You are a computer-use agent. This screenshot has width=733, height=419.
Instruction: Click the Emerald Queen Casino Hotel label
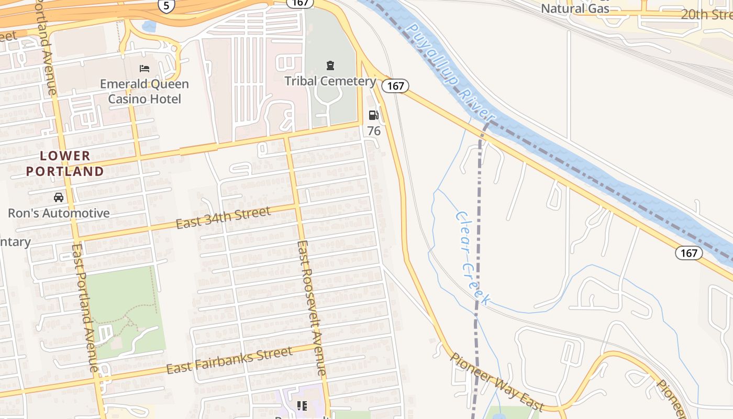145,92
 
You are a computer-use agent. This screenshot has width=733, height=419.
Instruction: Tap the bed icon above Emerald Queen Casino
145,68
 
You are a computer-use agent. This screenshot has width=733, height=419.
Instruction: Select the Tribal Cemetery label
330,81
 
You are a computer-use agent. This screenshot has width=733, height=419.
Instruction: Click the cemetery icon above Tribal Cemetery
330,65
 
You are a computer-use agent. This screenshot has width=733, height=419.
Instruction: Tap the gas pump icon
373,115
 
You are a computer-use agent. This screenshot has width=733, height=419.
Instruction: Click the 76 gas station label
374,130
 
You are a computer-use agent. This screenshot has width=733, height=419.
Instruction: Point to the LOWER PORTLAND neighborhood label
65,163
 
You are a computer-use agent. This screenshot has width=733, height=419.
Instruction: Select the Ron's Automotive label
59,213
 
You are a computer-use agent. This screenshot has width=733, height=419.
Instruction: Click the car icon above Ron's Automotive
59,197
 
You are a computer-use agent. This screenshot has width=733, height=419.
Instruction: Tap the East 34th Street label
223,217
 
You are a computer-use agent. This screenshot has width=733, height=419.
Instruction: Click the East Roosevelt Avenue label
312,308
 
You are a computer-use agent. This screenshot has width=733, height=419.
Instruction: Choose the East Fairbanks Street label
229,360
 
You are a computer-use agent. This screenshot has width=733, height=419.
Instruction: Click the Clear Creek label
473,258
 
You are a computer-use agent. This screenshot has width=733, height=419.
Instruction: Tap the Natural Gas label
575,8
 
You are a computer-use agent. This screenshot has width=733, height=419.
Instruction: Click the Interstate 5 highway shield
166,5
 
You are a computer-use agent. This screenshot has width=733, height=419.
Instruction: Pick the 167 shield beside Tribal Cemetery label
395,85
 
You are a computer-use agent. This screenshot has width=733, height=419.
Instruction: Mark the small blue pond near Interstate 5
149,26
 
